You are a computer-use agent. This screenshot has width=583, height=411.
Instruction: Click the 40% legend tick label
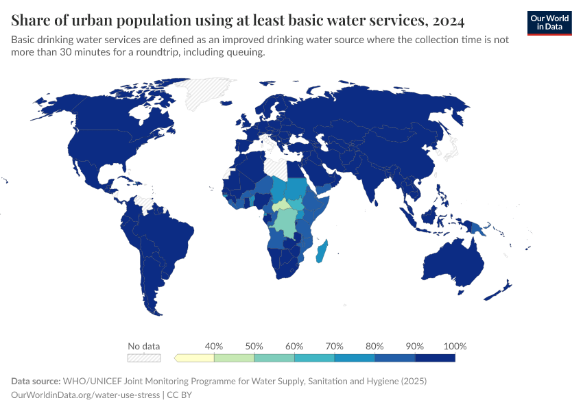pyautogui.click(x=214, y=346)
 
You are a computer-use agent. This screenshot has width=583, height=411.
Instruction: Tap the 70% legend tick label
pyautogui.click(x=335, y=346)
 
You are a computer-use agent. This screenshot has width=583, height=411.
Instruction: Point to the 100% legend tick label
pyautogui.click(x=455, y=346)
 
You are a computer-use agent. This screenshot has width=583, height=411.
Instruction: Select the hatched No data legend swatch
pyautogui.click(x=143, y=358)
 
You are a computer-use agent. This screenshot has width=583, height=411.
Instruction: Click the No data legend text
pyautogui.click(x=143, y=346)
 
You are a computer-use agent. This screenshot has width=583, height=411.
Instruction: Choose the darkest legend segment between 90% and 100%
pyautogui.click(x=436, y=358)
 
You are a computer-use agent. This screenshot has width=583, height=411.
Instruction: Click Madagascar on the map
pyautogui.click(x=321, y=251)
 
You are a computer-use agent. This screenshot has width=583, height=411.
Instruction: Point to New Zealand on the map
pyautogui.click(x=499, y=290)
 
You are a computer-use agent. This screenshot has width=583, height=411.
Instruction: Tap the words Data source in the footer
pyautogui.click(x=35, y=381)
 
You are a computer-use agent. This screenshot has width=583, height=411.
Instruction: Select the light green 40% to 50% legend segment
pyautogui.click(x=234, y=358)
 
